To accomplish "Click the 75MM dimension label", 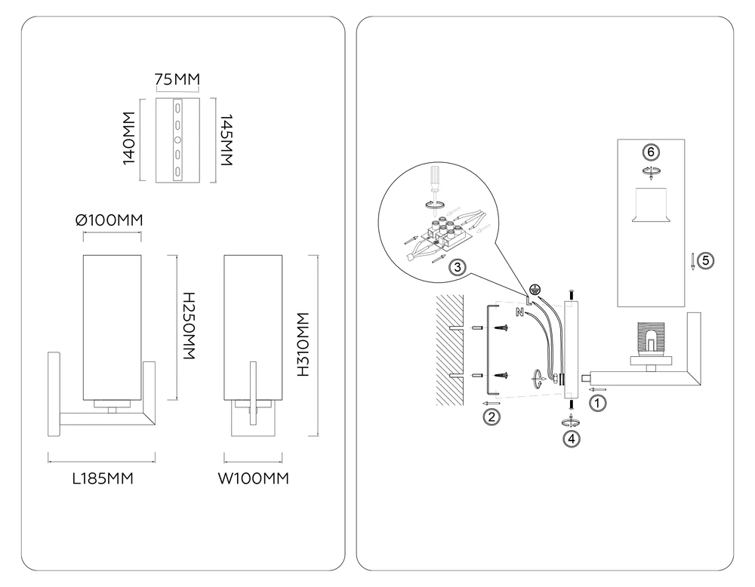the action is tap(177, 79).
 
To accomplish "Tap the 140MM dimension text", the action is tap(129, 139).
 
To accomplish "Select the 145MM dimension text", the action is tap(226, 140).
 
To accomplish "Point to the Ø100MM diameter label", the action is tap(109, 220).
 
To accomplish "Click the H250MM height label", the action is tap(189, 326).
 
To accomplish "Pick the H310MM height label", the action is tap(303, 345).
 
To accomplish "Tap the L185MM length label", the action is tap(103, 479).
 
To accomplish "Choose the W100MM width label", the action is tap(253, 479).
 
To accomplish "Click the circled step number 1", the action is tap(597, 402).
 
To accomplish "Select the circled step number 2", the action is tap(492, 416).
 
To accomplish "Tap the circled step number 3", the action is tap(458, 266).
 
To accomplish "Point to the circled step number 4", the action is tap(572, 439).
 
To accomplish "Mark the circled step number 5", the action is tap(706, 261).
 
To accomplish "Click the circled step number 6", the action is tap(651, 152).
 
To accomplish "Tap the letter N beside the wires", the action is tap(519, 312).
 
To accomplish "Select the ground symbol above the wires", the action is tap(534, 289).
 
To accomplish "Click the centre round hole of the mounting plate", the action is tap(177, 140).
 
